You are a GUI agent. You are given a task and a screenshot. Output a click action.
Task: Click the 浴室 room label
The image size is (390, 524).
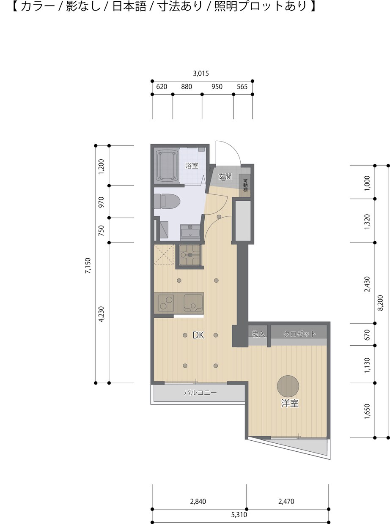pos(192,166)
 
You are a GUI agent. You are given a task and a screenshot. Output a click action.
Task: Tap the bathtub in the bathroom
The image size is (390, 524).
pos(167,166)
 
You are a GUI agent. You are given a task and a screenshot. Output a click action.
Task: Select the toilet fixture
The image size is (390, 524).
pos(167,202)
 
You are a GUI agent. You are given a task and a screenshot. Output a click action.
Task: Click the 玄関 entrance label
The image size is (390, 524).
pos(225,176)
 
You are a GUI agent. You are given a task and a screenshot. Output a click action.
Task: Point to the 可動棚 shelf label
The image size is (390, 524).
pos(245,186)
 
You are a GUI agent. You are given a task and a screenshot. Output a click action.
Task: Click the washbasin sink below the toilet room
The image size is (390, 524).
pos(190,232)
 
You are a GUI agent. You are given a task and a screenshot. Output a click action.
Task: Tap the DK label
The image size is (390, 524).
pos(198,335)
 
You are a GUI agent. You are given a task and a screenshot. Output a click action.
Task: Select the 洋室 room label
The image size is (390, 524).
pos(290,403)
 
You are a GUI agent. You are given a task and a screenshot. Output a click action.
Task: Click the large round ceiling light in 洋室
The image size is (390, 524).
pos(288,386)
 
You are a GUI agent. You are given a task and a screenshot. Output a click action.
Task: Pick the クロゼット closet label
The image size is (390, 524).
pos(299,334)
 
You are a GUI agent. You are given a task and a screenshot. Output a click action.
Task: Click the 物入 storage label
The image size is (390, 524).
pos(258,334)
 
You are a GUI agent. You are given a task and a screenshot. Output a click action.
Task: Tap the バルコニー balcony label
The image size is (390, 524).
pos(200,393)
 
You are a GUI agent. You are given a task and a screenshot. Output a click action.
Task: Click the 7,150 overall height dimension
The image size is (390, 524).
pos(88,266)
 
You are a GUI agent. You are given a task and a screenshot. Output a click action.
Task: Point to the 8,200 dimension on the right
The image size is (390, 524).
pos(380,303)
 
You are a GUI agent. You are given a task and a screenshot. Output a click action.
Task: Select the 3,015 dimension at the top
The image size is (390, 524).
pos(201,74)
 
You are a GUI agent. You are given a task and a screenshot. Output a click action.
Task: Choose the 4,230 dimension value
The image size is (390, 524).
pos(101,314)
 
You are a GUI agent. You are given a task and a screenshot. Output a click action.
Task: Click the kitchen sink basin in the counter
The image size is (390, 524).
pos(193,303)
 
